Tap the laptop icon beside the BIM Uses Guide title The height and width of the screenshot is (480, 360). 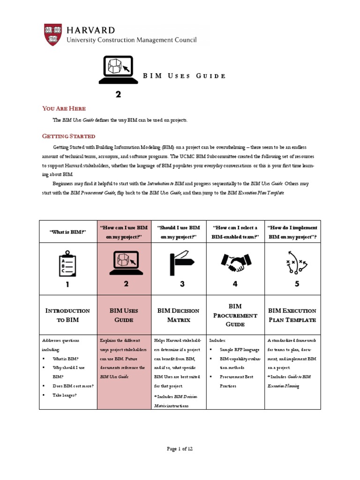click(x=119, y=70)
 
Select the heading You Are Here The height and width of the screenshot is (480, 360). click(x=64, y=108)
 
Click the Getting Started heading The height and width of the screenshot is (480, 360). click(x=68, y=136)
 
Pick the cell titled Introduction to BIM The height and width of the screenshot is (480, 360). click(x=68, y=315)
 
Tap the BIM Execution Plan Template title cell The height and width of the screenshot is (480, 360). click(x=292, y=315)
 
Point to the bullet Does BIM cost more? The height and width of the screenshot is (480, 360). click(x=73, y=386)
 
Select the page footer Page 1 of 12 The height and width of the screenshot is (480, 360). click(x=180, y=449)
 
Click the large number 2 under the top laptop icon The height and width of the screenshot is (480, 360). click(x=119, y=94)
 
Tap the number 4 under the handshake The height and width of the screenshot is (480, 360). click(x=235, y=284)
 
